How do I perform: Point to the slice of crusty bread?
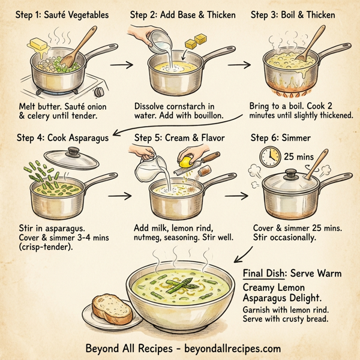(112, 308)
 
